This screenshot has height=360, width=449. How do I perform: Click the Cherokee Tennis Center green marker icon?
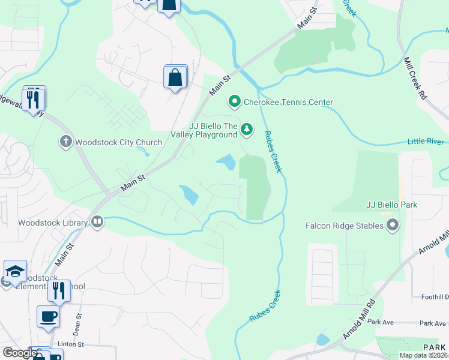pos(235,102)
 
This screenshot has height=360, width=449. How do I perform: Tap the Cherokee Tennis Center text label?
pos(288,103)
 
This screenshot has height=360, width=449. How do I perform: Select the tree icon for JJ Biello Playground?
pos(246,129)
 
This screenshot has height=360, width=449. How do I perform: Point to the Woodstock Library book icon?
pos(97,223)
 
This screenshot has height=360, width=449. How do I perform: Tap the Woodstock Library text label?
pos(53,223)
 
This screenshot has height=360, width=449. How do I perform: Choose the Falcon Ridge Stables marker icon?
pos(393,226)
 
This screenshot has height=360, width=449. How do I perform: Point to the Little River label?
pos(426,142)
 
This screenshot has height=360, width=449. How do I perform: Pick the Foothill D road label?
pos(434,297)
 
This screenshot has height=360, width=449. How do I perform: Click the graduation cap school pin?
pos(15,271)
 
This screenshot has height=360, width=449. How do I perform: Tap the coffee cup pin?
pos(48,316)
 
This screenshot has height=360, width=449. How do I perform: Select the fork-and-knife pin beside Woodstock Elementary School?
pos(59,291)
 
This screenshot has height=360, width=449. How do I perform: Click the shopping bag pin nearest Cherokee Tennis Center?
pos(175,77)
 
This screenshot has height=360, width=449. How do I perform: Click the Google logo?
pos(19,353)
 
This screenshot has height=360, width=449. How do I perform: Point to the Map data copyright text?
pos(423,355)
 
